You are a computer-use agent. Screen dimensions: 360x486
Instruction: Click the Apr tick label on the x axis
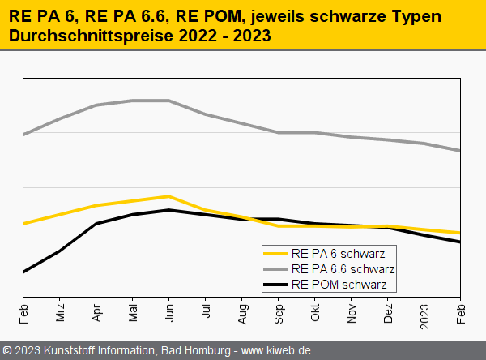coord(96,314)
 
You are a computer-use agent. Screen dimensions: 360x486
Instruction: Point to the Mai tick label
coord(133,314)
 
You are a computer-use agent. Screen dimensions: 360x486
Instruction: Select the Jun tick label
coord(169,314)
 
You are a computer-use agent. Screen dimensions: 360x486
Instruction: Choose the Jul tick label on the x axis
coord(206,313)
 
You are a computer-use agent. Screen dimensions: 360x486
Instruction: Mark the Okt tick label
coord(315,314)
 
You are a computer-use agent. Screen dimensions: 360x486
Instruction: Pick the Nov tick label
coord(352,314)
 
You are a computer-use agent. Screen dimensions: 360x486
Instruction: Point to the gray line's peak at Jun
coord(168,101)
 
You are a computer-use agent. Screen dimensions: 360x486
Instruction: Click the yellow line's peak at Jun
coord(168,196)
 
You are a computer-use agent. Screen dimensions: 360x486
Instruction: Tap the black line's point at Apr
coord(96,224)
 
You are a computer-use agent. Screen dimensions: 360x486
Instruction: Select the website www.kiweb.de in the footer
coord(276,350)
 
